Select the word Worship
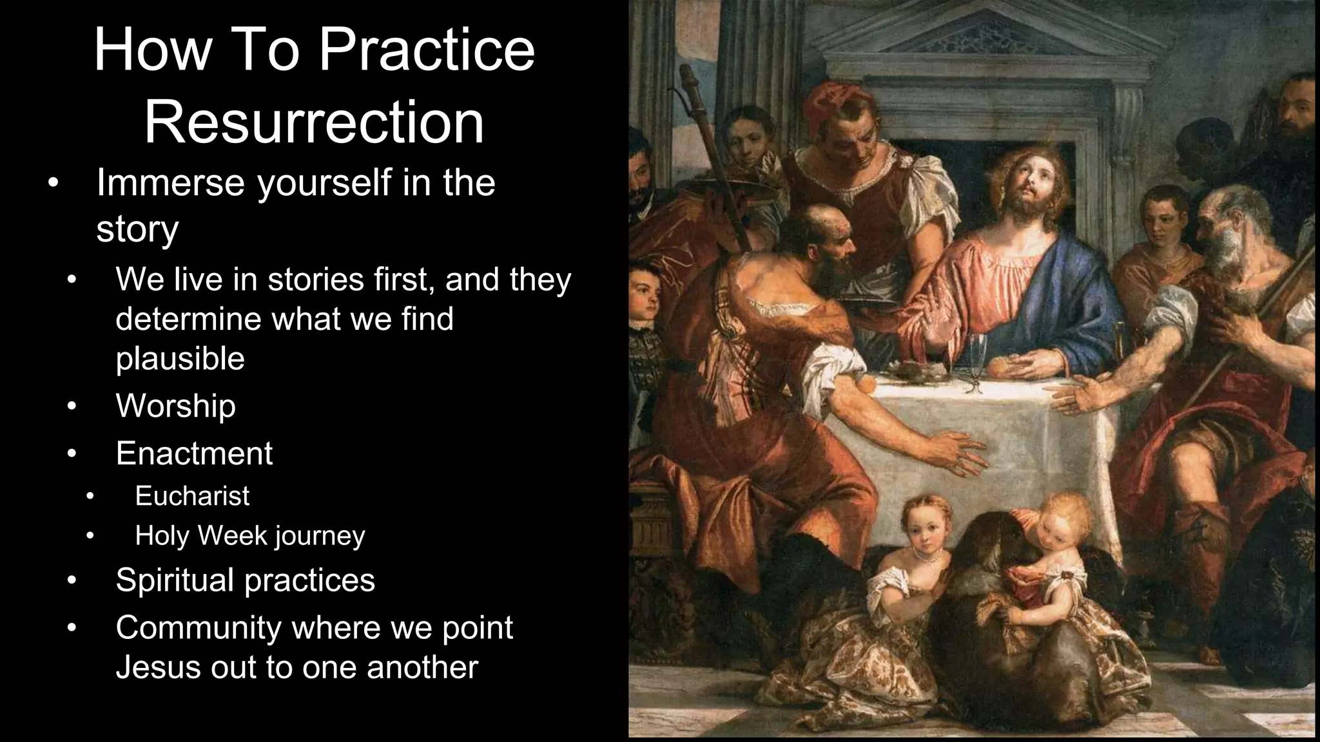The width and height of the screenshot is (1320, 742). pos(175,406)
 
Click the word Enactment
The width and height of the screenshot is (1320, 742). pos(194,453)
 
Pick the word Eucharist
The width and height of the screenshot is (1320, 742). pos(192,496)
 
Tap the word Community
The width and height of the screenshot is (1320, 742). pos(199,627)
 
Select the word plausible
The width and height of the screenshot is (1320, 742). pos(180,359)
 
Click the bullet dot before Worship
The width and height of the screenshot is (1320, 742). pos(72,406)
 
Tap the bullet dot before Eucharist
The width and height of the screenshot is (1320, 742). pos(90,496)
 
